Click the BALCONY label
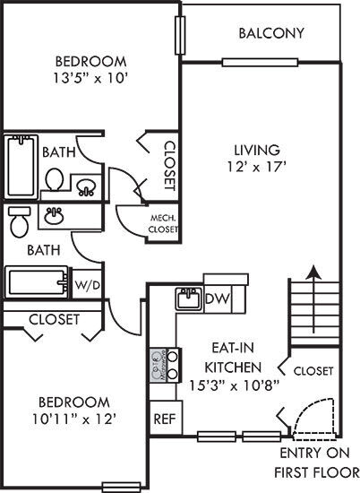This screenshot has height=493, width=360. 272,34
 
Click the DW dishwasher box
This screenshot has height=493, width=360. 217,298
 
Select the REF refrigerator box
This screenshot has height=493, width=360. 163,417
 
